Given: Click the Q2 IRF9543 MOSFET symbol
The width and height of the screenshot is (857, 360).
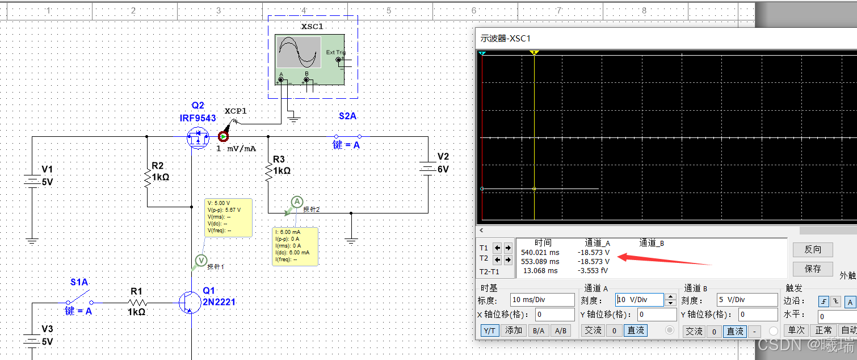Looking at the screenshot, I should coord(198,137).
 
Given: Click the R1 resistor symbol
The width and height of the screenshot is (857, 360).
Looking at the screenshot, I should coord(137,303).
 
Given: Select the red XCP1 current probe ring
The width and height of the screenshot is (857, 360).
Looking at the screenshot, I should coord(223,136).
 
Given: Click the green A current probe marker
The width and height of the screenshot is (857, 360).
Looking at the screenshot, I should coord(297,202).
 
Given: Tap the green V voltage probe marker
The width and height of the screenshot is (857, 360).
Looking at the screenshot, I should coord(201,260).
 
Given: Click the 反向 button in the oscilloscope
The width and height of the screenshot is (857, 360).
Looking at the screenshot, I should coord(813,249).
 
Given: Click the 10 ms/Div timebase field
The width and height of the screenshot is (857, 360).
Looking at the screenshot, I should coord(542,300).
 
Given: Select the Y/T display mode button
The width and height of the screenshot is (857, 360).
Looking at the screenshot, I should coord(488,330).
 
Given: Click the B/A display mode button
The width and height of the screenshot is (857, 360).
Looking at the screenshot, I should coord(538,330).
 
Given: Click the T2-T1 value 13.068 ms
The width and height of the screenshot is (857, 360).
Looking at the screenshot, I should coord(540,271).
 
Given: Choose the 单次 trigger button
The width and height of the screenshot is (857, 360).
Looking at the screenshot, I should coord(796,330).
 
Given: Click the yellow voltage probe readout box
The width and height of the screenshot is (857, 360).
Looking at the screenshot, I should coord(228,217).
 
